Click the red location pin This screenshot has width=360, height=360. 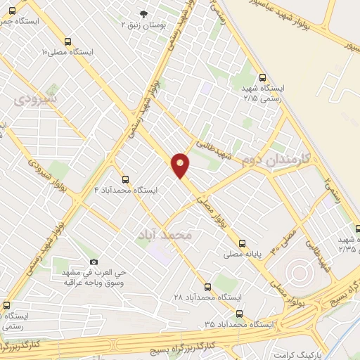(181, 165)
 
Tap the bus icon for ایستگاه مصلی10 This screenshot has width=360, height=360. (68, 42)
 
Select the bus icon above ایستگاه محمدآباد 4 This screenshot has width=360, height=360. (125, 179)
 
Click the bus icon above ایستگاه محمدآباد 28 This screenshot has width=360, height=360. (207, 287)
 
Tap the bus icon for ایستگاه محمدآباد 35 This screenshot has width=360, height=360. (240, 314)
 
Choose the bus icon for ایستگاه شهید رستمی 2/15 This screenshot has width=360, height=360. (263, 78)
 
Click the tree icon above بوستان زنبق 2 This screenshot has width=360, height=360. (145, 14)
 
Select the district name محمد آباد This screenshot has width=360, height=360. (167, 235)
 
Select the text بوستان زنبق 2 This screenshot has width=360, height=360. (144, 25)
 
